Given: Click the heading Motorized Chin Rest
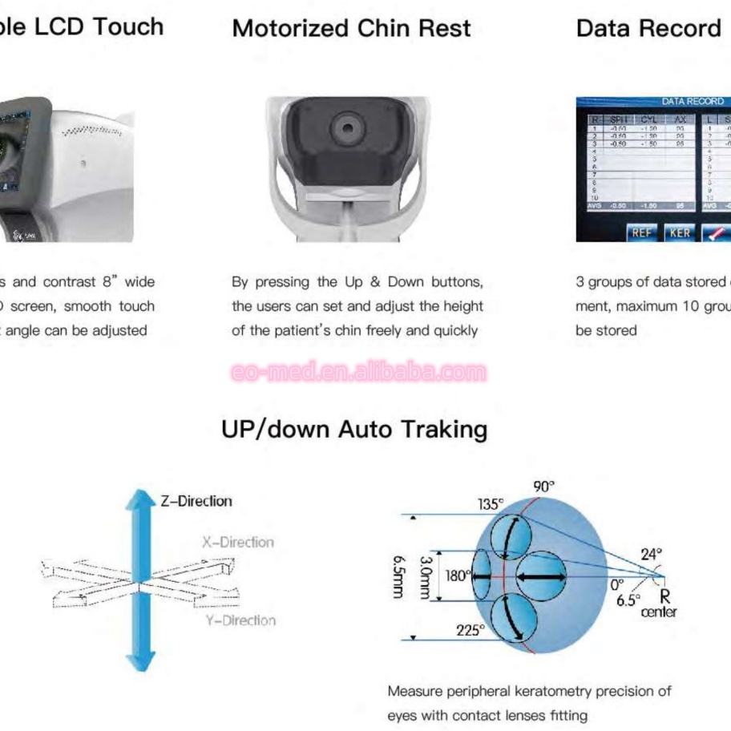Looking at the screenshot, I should pyautogui.click(x=351, y=29).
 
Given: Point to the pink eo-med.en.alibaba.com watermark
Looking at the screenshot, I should pyautogui.click(x=358, y=373).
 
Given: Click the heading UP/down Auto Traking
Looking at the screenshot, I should pyautogui.click(x=354, y=430).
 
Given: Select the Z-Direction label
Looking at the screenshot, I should pyautogui.click(x=196, y=501).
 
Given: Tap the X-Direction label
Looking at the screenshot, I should pyautogui.click(x=237, y=543).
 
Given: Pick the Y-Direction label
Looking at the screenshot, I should pyautogui.click(x=238, y=620).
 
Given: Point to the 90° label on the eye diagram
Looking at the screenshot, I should pyautogui.click(x=543, y=487).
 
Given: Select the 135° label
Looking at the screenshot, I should pyautogui.click(x=491, y=504).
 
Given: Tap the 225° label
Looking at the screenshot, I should pyautogui.click(x=471, y=630).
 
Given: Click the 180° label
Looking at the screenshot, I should pyautogui.click(x=456, y=575).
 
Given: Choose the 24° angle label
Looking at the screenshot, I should pyautogui.click(x=651, y=554).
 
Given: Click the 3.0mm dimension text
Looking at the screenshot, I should pyautogui.click(x=426, y=576).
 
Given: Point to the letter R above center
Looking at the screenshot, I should pyautogui.click(x=664, y=596).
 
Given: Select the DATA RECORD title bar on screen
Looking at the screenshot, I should pyautogui.click(x=693, y=102).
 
